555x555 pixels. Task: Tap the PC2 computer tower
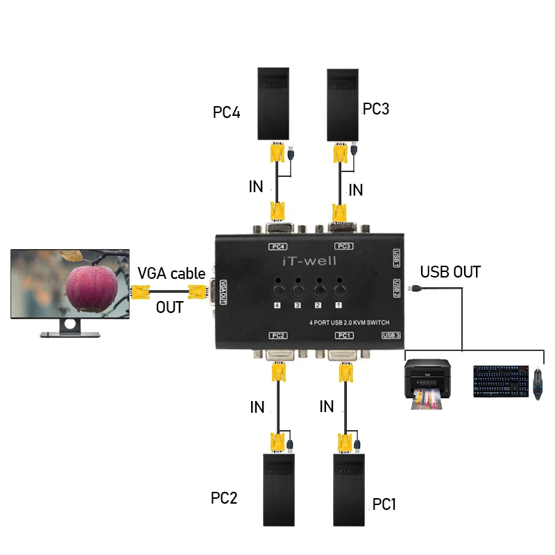(279, 489)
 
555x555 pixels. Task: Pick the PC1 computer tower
(349, 489)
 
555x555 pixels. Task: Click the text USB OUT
(450, 272)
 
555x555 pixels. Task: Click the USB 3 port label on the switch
(391, 336)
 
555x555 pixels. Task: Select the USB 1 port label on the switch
(396, 258)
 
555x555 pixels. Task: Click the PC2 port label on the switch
(278, 336)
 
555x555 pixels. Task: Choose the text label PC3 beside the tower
(376, 109)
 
